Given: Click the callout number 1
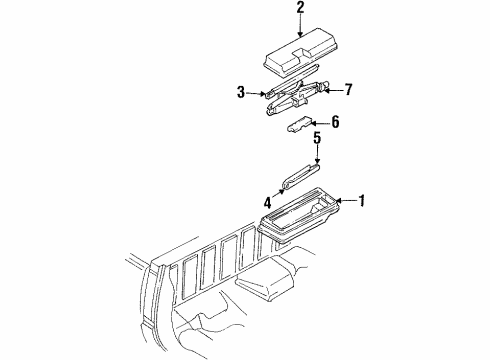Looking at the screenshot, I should tap(362, 200).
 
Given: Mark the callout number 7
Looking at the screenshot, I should tap(349, 89).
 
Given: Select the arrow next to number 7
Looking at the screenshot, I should tap(334, 90).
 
